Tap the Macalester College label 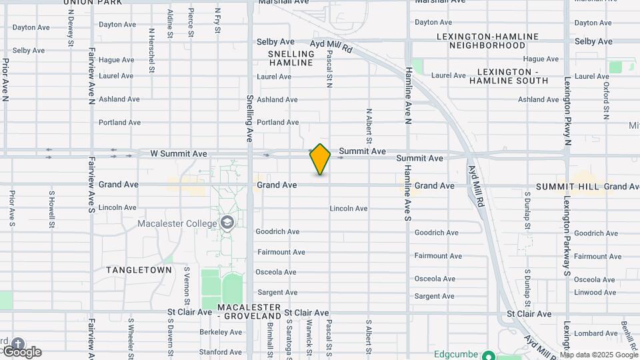pos(178,223)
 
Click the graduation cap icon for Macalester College pos(228,223)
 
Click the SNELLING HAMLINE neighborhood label pos(291,58)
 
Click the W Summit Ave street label pos(179,153)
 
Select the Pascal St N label pos(329,71)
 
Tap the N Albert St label pos(368,127)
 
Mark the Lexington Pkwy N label pos(567,110)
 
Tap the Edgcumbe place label pos(457,354)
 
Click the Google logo pos(21,351)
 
